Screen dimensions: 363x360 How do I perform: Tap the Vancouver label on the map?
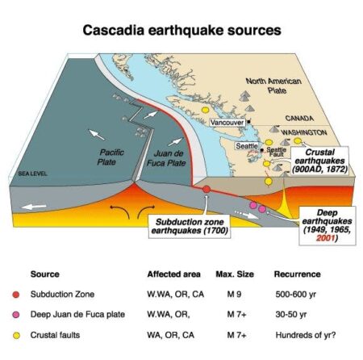[225, 121]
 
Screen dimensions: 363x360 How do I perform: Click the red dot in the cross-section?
[206, 189]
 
